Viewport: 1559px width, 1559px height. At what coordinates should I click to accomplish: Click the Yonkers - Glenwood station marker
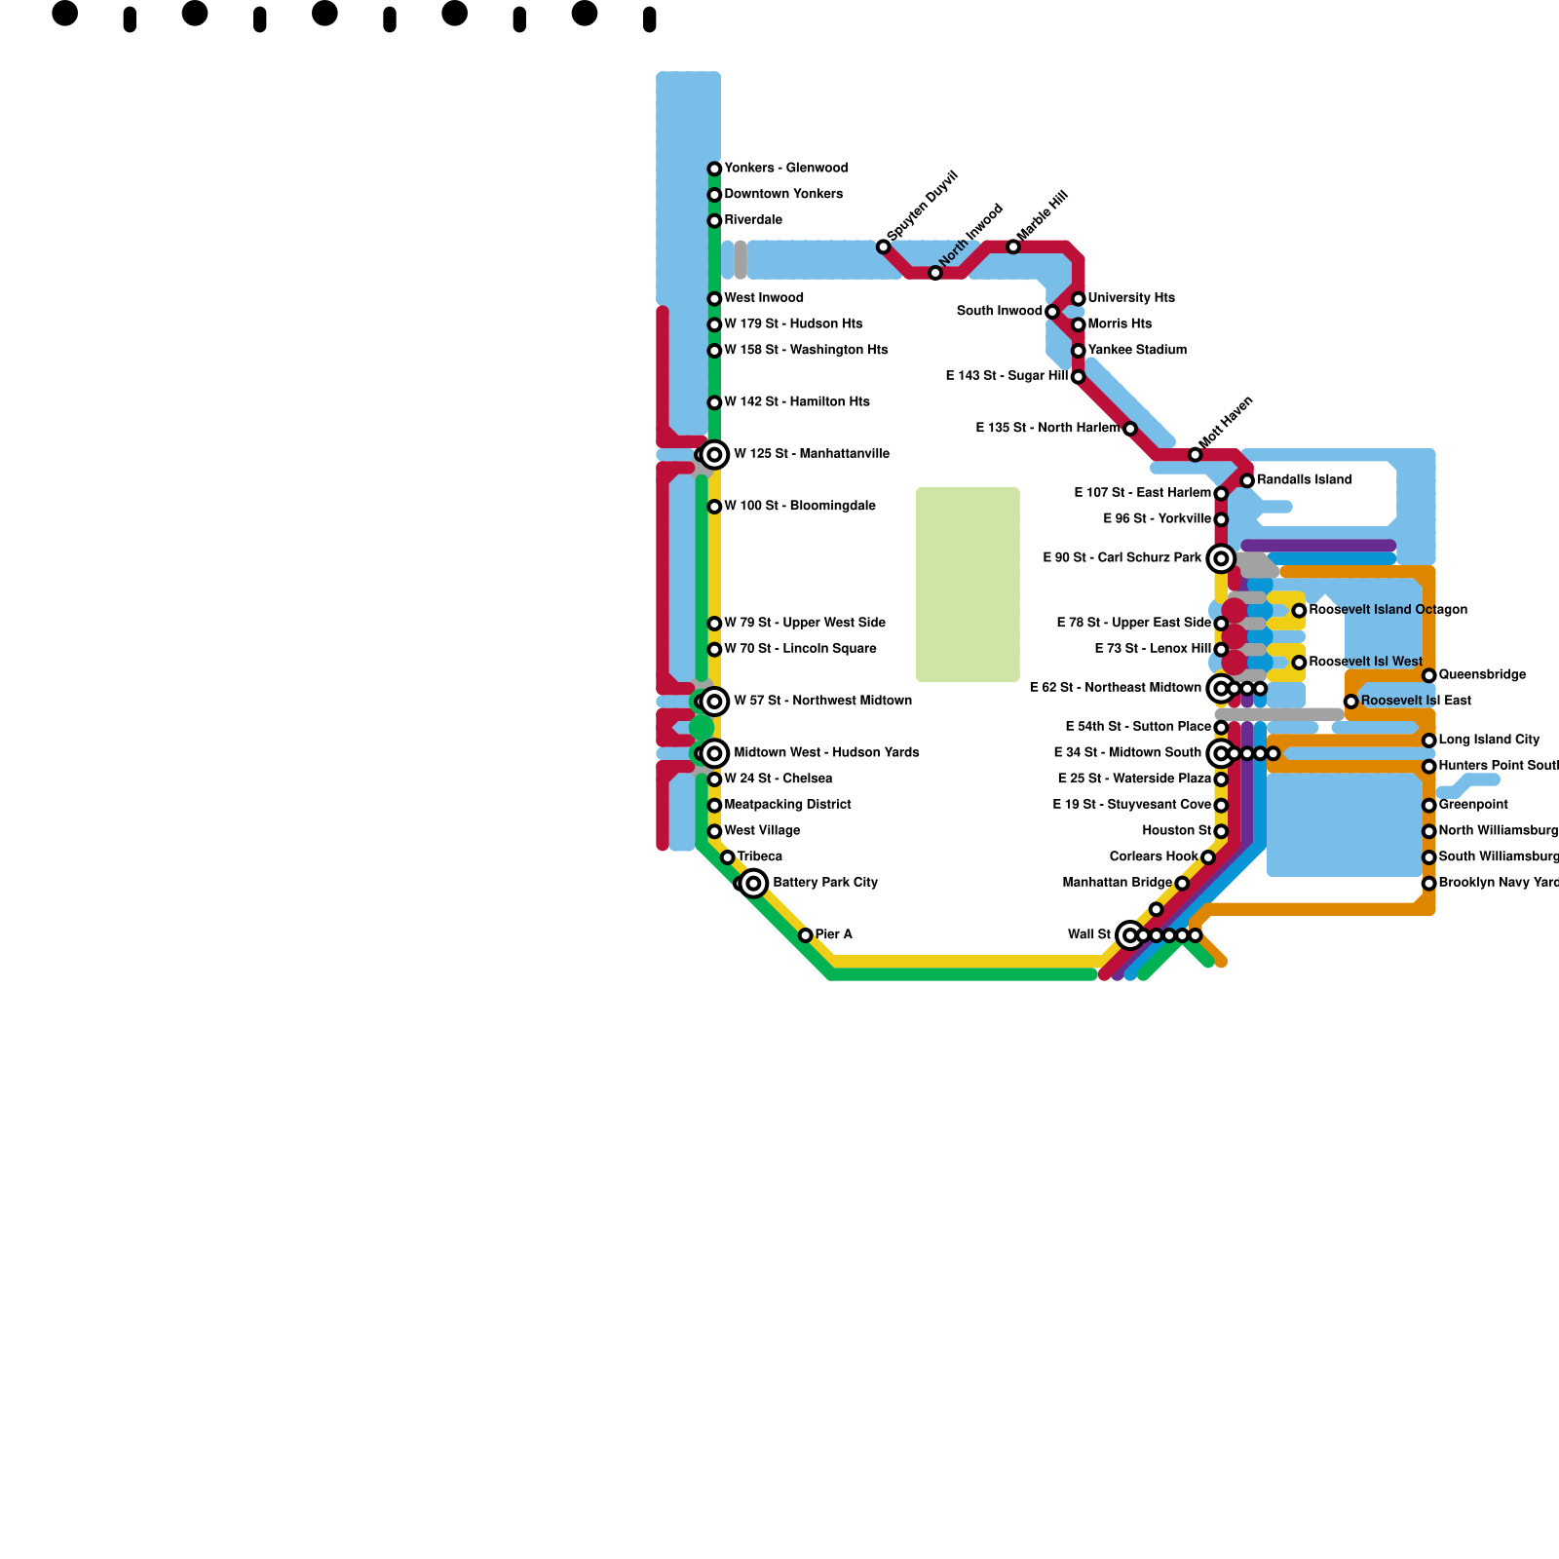pos(714,170)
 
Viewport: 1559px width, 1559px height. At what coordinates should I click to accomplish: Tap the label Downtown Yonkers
pos(783,194)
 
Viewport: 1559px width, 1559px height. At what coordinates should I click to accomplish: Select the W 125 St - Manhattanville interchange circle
pos(714,455)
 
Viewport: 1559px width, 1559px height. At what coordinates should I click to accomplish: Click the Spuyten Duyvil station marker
pos(884,247)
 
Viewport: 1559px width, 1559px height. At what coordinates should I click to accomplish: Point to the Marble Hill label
pos(1043,215)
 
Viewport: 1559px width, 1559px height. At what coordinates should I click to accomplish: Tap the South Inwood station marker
pos(1052,312)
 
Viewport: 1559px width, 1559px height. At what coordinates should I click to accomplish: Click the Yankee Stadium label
pos(1137,350)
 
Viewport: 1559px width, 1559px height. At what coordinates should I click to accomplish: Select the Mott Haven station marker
pos(1196,455)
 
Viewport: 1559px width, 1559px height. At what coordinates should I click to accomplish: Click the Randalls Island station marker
pos(1247,480)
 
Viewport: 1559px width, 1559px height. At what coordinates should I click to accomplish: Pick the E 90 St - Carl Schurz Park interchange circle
pos(1221,558)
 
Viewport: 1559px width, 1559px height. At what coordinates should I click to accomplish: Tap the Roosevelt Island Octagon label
pos(1388,610)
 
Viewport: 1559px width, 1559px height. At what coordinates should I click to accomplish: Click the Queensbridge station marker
pos(1429,675)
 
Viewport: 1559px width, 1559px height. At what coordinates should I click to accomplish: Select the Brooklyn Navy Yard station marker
pos(1429,884)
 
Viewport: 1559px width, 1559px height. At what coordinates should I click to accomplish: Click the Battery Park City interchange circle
pos(753,884)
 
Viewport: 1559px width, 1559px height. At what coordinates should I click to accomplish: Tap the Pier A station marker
pos(806,935)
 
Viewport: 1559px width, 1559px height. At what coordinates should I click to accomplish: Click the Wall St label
pos(1088,935)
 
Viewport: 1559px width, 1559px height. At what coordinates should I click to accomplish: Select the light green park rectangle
pos(968,585)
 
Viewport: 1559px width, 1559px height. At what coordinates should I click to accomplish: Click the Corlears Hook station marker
pos(1208,857)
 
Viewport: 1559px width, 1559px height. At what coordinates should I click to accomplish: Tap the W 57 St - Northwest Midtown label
pos(822,701)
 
